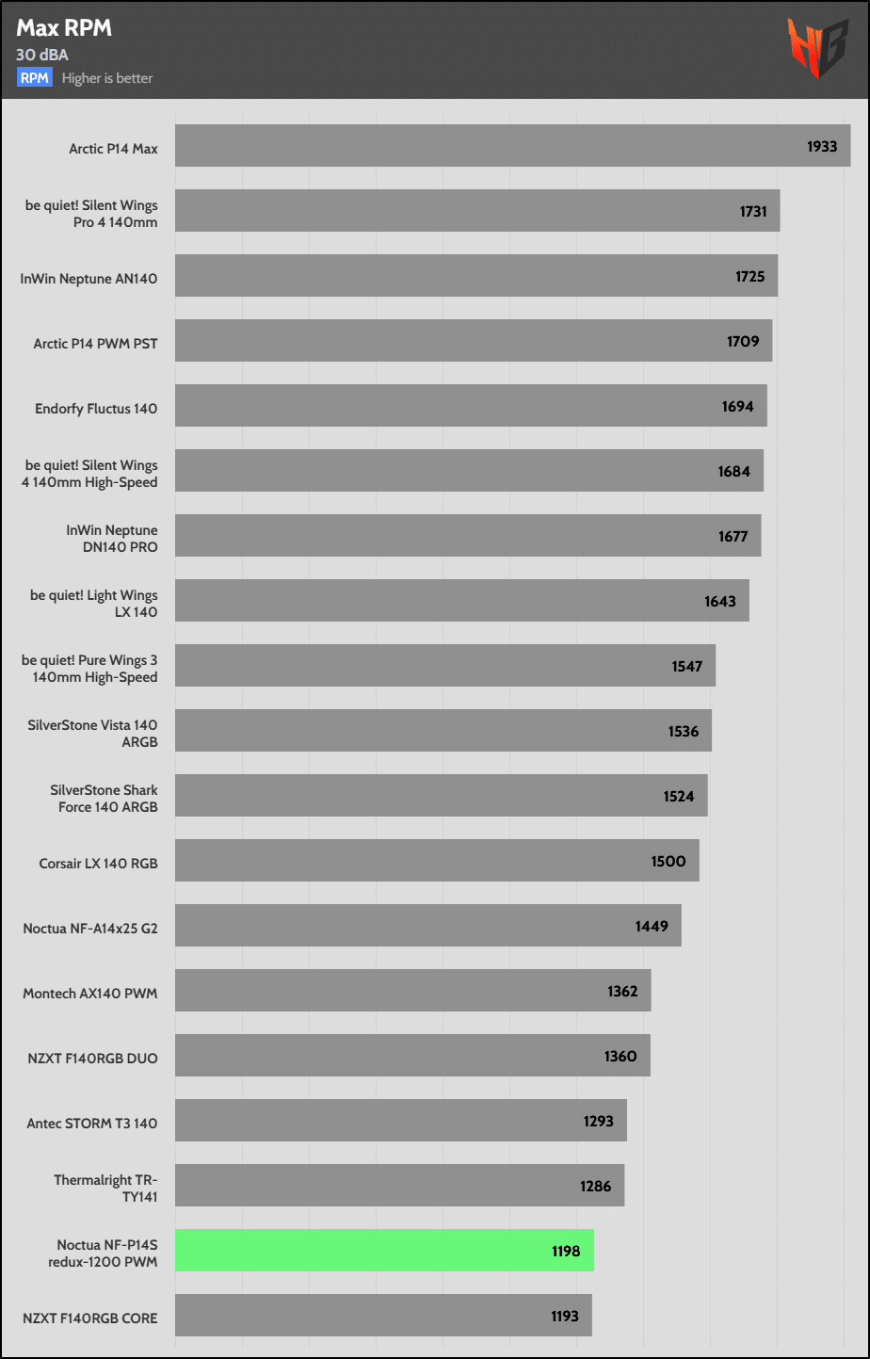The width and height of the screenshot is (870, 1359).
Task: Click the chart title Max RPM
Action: pyautogui.click(x=64, y=28)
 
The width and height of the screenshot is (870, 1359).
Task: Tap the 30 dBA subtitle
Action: pyautogui.click(x=42, y=55)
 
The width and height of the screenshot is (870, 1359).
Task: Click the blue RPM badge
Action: pyautogui.click(x=35, y=78)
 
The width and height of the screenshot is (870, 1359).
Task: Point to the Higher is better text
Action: pyautogui.click(x=107, y=78)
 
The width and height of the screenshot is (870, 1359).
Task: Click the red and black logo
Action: pyautogui.click(x=817, y=48)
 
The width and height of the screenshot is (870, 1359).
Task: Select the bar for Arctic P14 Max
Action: pyautogui.click(x=512, y=146)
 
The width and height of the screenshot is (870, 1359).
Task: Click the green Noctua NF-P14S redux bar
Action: pyautogui.click(x=384, y=1251)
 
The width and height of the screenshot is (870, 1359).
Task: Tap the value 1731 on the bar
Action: pyautogui.click(x=753, y=212)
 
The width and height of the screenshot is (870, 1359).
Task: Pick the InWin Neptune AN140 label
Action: pyautogui.click(x=89, y=279)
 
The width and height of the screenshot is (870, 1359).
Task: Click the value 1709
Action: pyautogui.click(x=743, y=342)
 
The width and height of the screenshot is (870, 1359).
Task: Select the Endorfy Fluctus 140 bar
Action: pyautogui.click(x=471, y=406)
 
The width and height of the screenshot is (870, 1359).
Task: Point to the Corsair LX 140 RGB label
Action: pyautogui.click(x=98, y=864)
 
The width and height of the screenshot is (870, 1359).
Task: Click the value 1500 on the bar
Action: pyautogui.click(x=669, y=862)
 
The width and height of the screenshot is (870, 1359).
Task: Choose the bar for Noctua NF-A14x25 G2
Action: pyautogui.click(x=427, y=926)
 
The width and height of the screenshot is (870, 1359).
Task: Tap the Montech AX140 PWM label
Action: pyautogui.click(x=90, y=994)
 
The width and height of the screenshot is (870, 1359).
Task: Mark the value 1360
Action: pyautogui.click(x=620, y=1057)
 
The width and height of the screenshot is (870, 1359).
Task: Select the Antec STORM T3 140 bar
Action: pyautogui.click(x=400, y=1121)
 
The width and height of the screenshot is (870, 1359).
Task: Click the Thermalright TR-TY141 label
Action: pyautogui.click(x=105, y=1189)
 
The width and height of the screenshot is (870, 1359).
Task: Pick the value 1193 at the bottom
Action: pyautogui.click(x=565, y=1317)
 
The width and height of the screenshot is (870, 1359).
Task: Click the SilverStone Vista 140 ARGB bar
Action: pyautogui.click(x=443, y=731)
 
